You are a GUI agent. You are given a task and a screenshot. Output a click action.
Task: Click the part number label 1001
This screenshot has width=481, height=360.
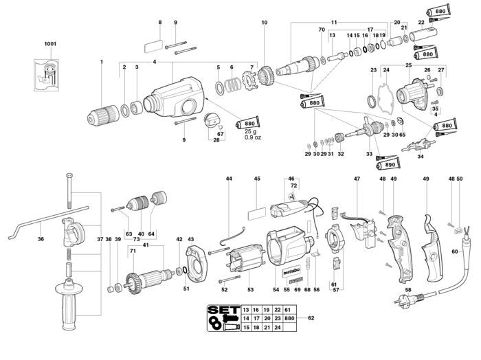coord(50,44)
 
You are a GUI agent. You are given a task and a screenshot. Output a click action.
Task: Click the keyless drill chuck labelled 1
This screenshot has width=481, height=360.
coord(103,115)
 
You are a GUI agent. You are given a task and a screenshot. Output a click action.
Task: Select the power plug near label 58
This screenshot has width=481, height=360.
coord(405,299)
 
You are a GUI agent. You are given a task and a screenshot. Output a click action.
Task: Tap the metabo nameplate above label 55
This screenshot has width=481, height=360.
coord(291,271)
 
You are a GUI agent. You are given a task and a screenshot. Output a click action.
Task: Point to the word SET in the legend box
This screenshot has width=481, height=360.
coord(224,310)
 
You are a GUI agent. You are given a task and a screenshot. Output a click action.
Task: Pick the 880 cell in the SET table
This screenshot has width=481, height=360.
coord(289,318)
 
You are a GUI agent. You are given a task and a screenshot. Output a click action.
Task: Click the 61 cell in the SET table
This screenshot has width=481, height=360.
coord(287,310)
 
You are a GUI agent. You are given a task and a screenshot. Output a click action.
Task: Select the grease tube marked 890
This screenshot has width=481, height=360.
coord(388,165)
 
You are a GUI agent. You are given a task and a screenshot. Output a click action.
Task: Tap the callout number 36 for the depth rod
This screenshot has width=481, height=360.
coord(41,239)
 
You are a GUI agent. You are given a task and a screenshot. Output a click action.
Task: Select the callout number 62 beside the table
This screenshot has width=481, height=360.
coord(311,318)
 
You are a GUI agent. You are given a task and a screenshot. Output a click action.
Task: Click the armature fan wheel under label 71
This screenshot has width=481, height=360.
coord(134,284)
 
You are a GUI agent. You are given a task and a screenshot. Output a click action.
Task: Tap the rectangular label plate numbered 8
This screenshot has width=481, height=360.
coord(153,46)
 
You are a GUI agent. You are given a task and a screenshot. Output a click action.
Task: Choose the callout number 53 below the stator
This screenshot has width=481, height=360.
coord(251,289)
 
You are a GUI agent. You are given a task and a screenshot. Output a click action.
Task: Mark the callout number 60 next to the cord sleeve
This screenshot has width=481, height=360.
coord(455,251)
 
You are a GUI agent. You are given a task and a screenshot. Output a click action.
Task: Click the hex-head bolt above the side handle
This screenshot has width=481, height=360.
coord(69,190)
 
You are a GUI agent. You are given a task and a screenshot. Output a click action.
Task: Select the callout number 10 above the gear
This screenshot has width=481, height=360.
coord(265,23)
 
